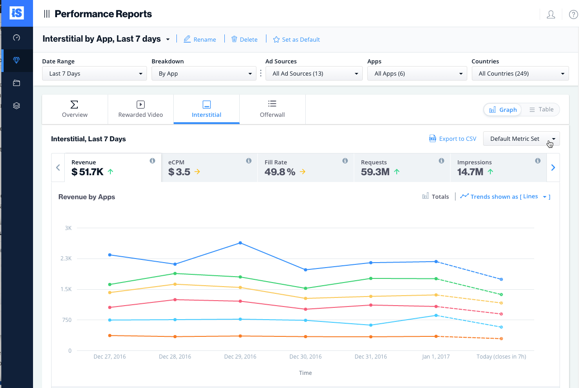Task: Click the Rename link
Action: (x=200, y=39)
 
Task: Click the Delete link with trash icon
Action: (x=244, y=39)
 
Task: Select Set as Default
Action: (x=296, y=39)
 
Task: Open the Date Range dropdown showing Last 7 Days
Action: (x=95, y=73)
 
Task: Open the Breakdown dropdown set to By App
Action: (x=204, y=73)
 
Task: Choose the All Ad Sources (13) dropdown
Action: (x=314, y=73)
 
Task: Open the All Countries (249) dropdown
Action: (x=520, y=73)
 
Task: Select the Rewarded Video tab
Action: (x=141, y=109)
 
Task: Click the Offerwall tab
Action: (x=272, y=109)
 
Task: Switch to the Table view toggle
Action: (x=541, y=110)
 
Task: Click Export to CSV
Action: (x=453, y=139)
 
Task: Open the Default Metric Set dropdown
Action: (x=521, y=139)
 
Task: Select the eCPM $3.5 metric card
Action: (x=209, y=168)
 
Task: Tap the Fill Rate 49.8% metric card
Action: (x=305, y=168)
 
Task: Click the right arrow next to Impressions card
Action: (x=553, y=168)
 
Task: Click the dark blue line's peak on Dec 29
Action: (x=240, y=243)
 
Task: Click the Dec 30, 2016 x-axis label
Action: (x=305, y=357)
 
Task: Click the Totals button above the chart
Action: (x=436, y=196)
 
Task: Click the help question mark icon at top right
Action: (x=573, y=14)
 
